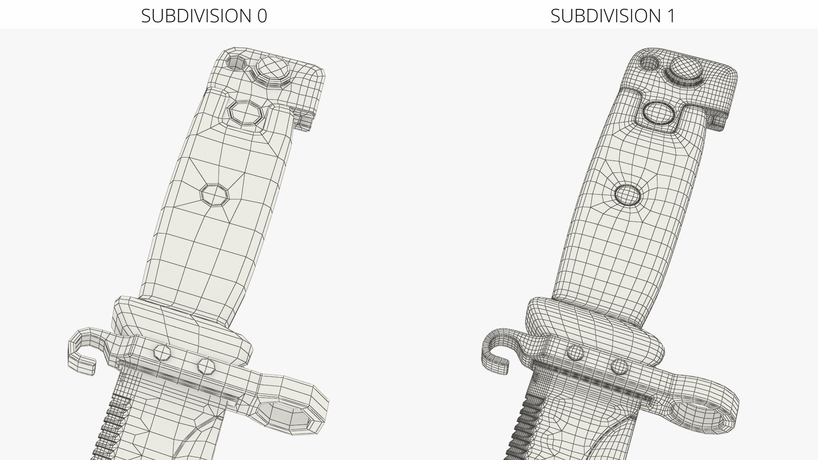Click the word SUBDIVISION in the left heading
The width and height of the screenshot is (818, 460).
(x=196, y=16)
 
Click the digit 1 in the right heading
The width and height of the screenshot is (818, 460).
(x=671, y=16)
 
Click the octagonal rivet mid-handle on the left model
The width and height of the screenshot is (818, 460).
(x=214, y=195)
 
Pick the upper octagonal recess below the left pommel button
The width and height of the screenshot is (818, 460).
(x=246, y=112)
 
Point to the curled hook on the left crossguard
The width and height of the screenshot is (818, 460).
(x=83, y=347)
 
